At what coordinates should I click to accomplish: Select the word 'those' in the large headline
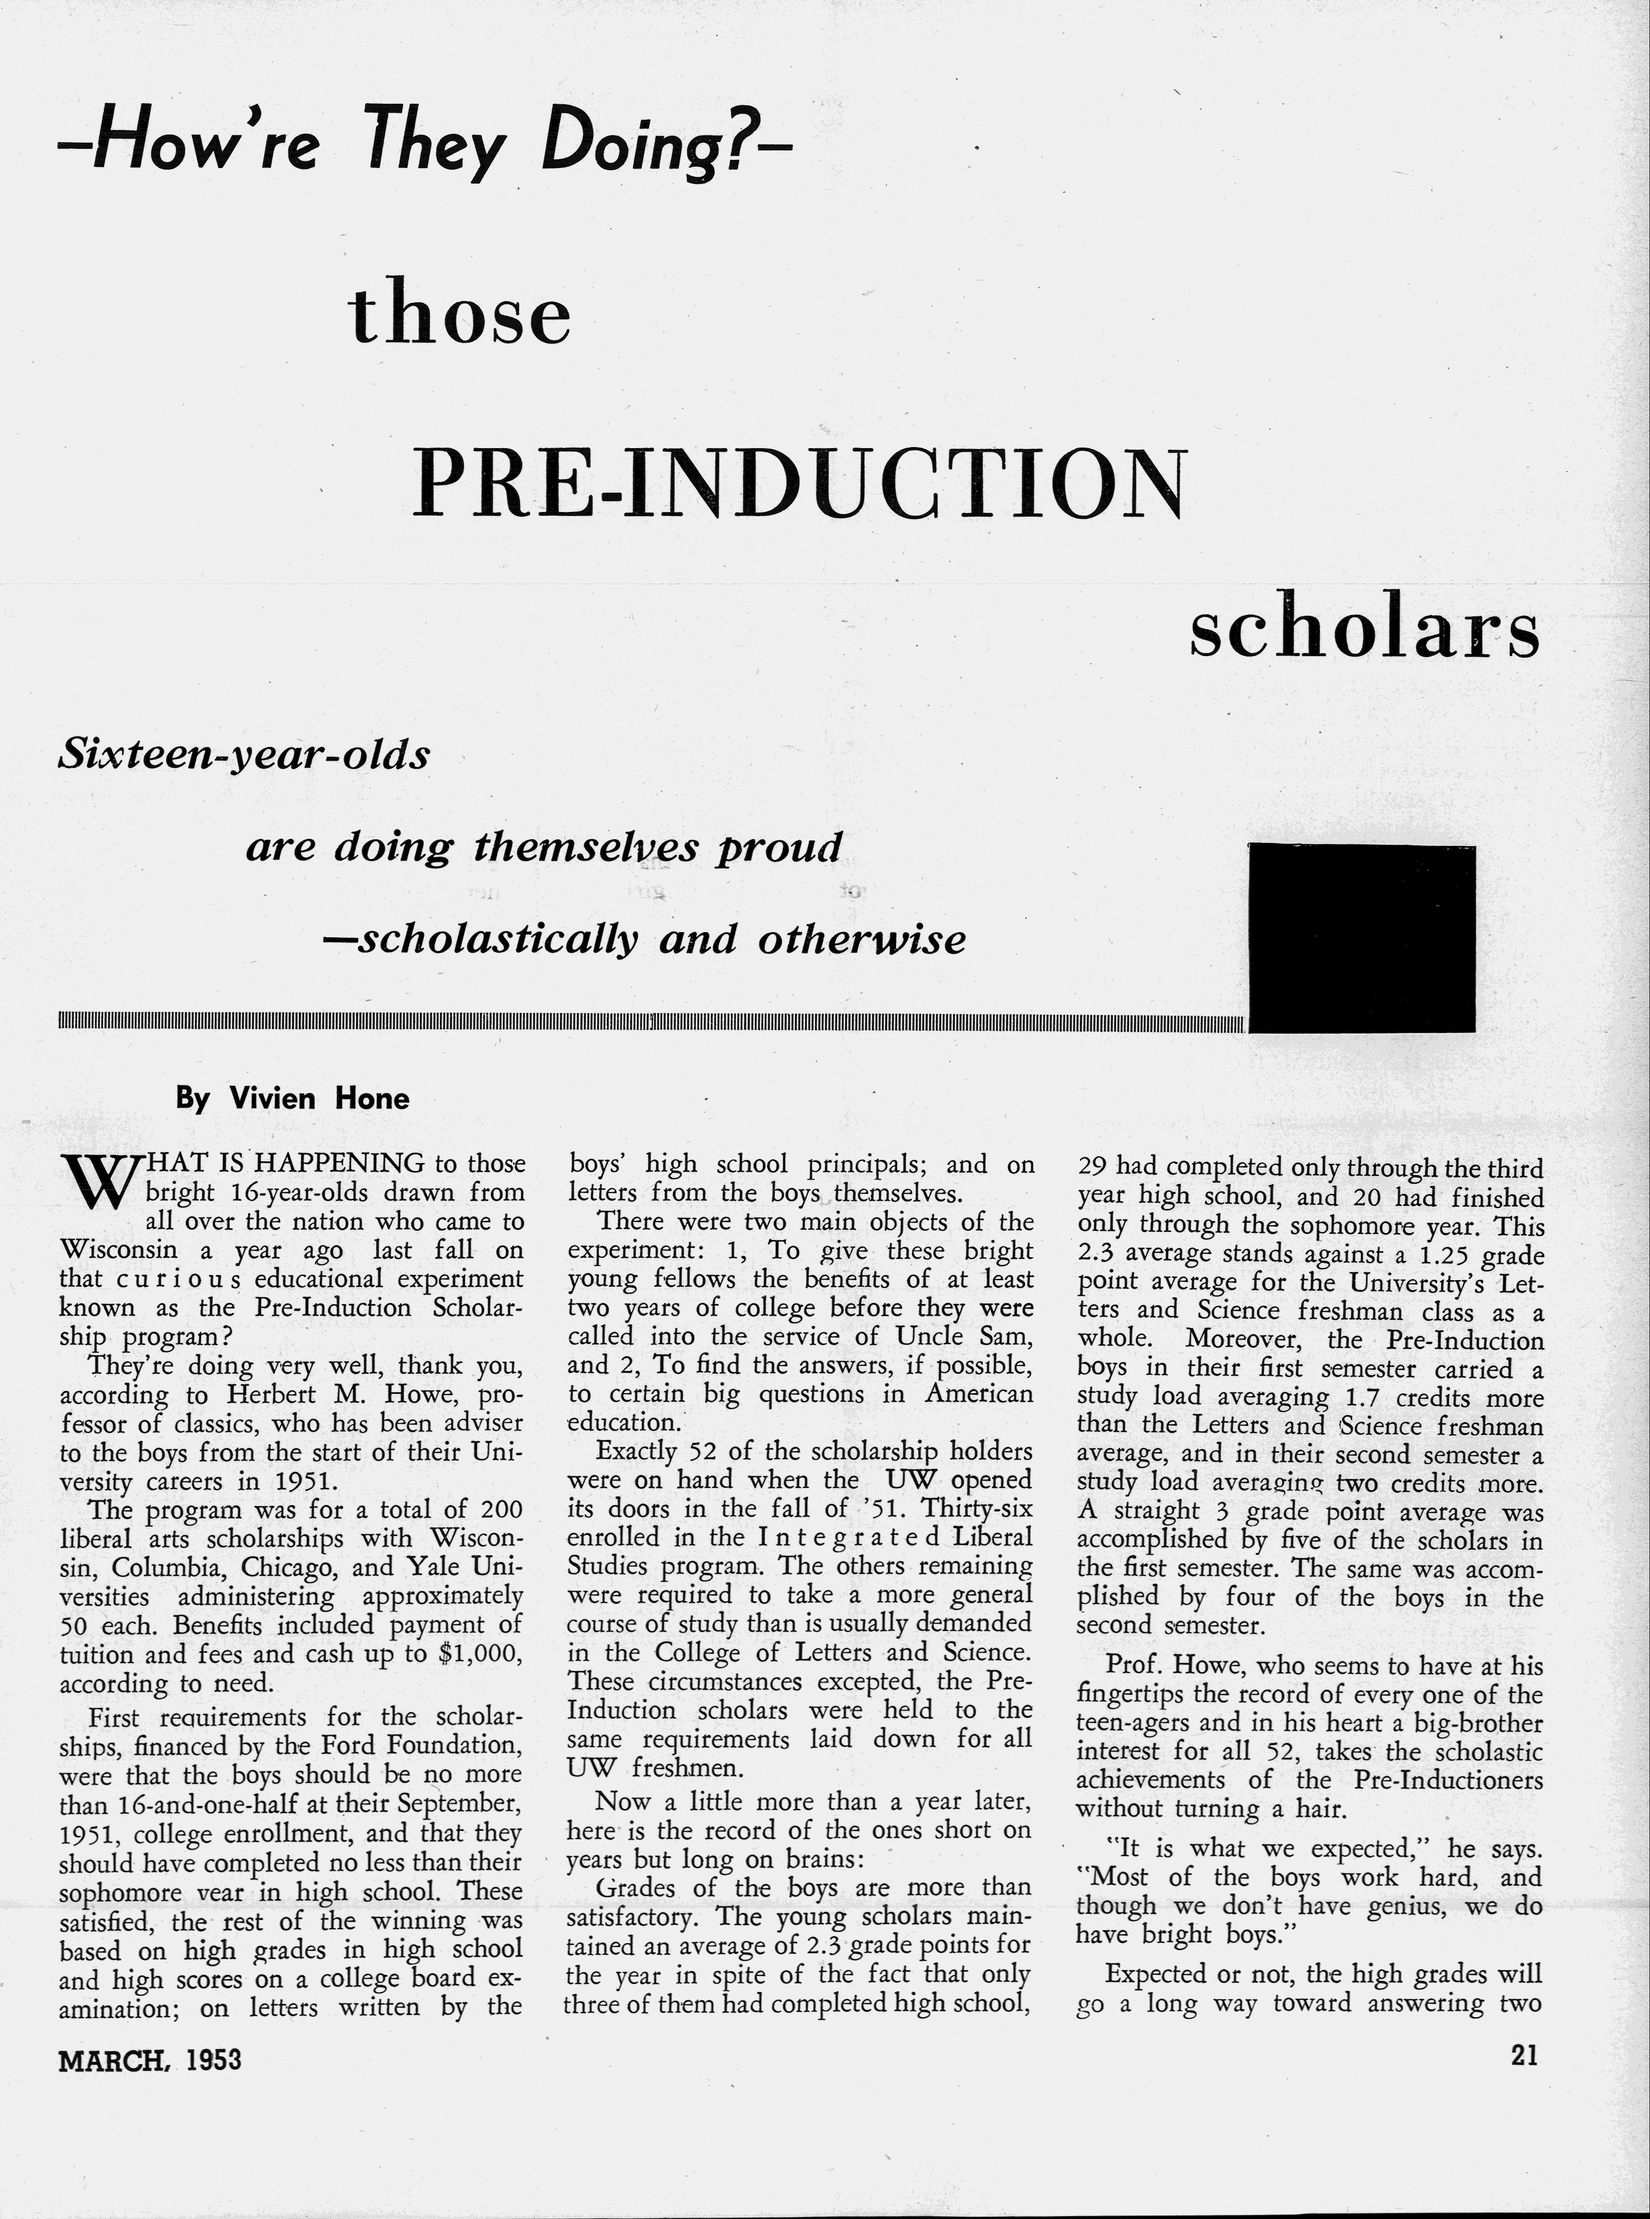[x=461, y=315]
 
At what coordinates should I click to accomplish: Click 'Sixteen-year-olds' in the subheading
[x=245, y=755]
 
